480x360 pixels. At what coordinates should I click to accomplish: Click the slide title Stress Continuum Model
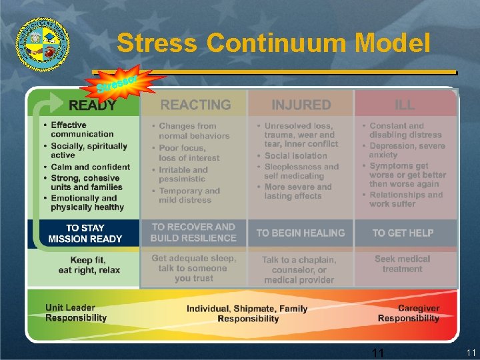[x=273, y=43]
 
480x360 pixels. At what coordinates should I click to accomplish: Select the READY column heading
[x=93, y=105]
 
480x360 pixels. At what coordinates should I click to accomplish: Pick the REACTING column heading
[x=195, y=105]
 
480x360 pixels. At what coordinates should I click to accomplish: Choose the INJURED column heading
[x=301, y=105]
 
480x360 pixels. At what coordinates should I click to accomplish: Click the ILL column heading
[x=405, y=105]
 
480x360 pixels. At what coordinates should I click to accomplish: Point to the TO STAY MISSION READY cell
[x=85, y=233]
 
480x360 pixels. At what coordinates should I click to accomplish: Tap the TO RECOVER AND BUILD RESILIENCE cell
[x=193, y=233]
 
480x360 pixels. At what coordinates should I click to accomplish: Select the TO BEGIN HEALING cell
[x=301, y=233]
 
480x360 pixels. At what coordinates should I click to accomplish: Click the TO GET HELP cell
[x=403, y=233]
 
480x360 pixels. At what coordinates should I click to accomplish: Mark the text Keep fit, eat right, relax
[x=89, y=264]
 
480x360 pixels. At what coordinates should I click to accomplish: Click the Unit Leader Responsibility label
[x=76, y=313]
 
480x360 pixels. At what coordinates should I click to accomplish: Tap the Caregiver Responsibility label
[x=409, y=313]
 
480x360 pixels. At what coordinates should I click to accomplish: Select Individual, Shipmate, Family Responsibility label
[x=247, y=313]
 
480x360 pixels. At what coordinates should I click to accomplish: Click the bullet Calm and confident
[x=91, y=167]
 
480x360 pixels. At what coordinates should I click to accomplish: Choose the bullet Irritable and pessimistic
[x=183, y=175]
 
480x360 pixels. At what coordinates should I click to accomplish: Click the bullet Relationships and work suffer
[x=406, y=199]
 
